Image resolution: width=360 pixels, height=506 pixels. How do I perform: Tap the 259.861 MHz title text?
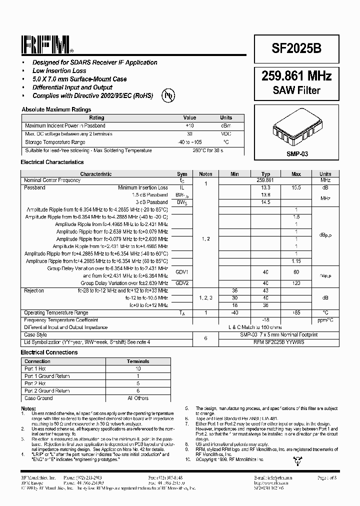click(x=296, y=76)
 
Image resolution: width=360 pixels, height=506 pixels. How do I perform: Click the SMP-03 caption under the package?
click(x=297, y=154)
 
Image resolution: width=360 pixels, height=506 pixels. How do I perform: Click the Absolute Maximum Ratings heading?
click(x=56, y=109)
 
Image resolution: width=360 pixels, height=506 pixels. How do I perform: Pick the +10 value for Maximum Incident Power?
click(x=189, y=126)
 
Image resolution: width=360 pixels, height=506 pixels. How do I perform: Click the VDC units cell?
click(x=226, y=134)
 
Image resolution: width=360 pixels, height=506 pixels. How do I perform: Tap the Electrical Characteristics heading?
click(x=52, y=162)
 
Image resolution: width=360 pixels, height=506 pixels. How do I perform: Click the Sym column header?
click(x=182, y=174)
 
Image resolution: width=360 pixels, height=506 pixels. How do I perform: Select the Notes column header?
click(x=205, y=174)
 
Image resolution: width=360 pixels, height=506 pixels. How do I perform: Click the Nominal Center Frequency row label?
click(x=52, y=180)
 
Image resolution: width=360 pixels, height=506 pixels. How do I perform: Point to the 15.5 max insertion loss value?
click(x=296, y=187)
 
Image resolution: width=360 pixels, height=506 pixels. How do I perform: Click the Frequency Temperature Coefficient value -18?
click(x=265, y=319)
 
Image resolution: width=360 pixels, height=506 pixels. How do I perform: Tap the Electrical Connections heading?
click(x=49, y=352)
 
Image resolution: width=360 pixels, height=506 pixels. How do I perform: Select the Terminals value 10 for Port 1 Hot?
click(x=138, y=368)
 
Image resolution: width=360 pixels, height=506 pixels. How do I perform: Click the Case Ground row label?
click(x=38, y=398)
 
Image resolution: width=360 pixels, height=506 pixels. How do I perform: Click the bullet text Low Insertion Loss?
click(x=59, y=70)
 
